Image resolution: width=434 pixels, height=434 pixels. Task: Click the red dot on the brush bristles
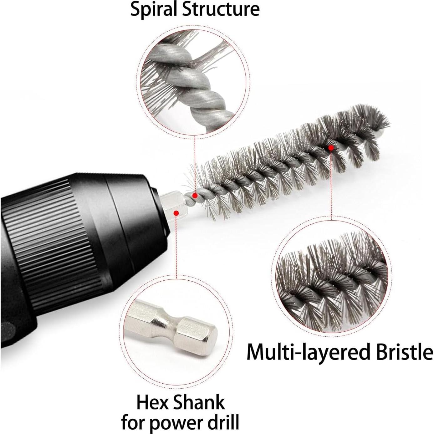331,148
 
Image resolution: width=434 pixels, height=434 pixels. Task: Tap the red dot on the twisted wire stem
195,196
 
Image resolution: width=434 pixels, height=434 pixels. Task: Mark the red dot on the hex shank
176,212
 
